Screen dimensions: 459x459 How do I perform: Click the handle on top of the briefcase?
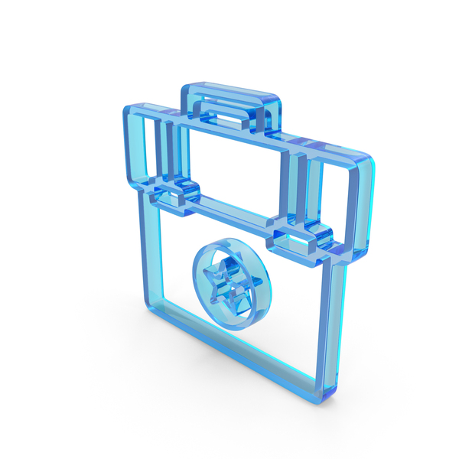tap(229, 96)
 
